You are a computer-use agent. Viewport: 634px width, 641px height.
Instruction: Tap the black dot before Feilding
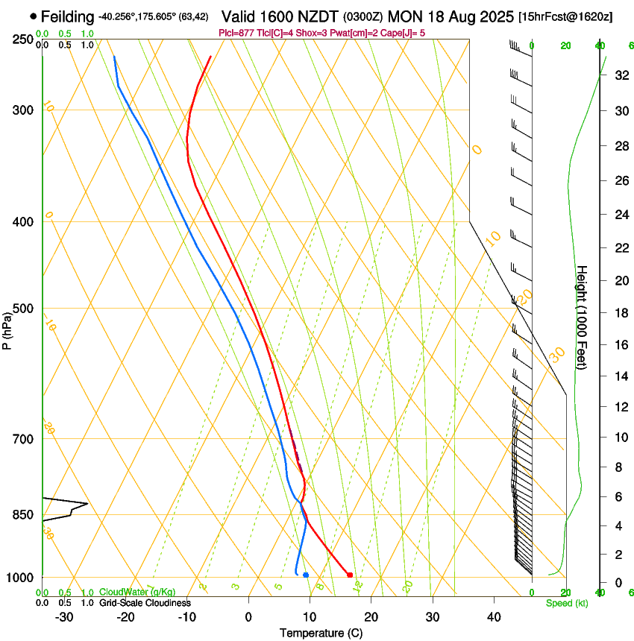[34, 16]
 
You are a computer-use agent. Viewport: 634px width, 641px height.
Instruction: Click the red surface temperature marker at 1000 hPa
[350, 575]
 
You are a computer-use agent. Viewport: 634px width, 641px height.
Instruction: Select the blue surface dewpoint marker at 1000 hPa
[306, 575]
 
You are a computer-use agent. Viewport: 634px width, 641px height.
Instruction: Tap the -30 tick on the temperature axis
[63, 617]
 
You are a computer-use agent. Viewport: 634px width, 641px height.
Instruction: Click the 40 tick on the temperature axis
[494, 617]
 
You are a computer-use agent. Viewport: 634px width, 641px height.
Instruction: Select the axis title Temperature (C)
[321, 633]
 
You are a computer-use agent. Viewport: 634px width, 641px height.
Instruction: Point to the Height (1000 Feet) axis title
[582, 317]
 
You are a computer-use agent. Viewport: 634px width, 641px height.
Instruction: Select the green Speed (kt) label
[566, 603]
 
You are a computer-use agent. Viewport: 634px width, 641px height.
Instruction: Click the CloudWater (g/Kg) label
[138, 593]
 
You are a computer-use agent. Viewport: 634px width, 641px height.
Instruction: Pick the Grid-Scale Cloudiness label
[144, 602]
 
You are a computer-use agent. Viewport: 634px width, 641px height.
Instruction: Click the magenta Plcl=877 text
[236, 33]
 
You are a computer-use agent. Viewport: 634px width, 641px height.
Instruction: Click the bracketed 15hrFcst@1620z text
[565, 16]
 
